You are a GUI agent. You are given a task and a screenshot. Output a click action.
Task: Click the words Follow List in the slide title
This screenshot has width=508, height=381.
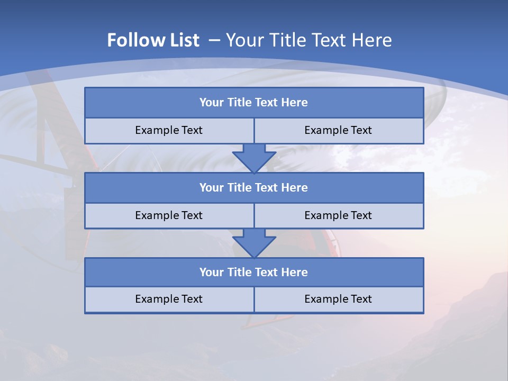[153, 40]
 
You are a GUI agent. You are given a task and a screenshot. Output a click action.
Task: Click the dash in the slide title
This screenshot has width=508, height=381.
[214, 40]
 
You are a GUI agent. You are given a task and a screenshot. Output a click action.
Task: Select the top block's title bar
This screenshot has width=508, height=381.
[254, 103]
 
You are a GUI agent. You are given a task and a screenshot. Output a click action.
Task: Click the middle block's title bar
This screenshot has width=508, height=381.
[254, 187]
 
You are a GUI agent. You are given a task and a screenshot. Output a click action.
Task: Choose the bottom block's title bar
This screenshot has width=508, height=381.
[254, 272]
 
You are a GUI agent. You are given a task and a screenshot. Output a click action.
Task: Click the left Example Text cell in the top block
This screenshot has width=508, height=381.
[169, 130]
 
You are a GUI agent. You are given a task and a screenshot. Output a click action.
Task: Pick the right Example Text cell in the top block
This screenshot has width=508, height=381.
[339, 130]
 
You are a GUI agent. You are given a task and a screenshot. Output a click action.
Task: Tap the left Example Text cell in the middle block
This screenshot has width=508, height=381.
[169, 215]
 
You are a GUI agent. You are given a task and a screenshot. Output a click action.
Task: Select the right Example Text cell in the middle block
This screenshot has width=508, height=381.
[339, 215]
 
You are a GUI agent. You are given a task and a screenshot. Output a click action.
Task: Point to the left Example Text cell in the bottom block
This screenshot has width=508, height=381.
[169, 299]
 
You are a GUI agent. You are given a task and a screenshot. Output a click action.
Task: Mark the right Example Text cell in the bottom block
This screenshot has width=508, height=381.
[339, 299]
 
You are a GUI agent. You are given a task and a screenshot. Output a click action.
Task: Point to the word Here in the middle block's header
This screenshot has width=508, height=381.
[295, 187]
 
